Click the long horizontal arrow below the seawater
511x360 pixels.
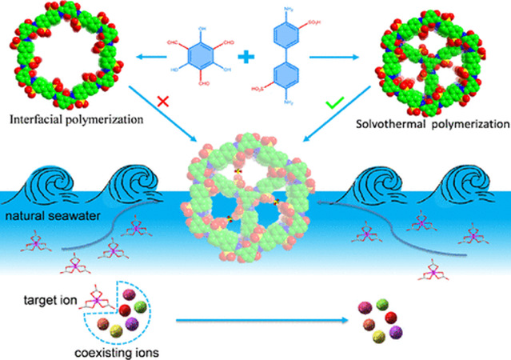coord(256,321)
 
